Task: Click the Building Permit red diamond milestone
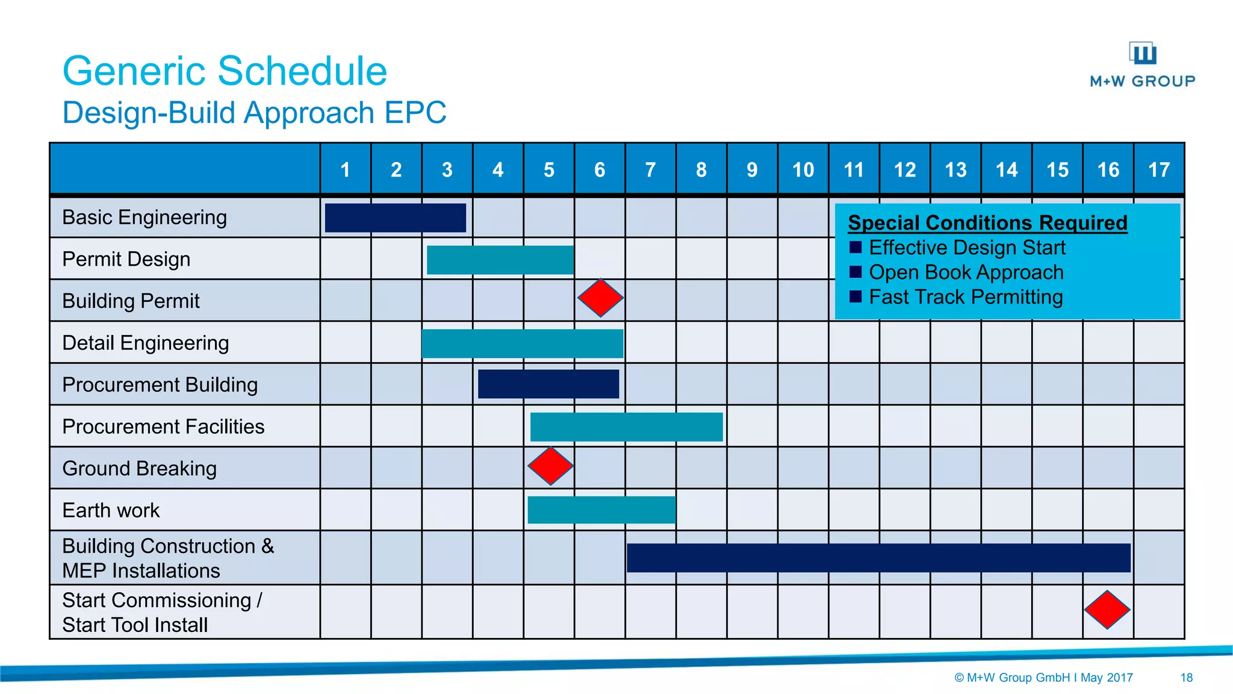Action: click(600, 298)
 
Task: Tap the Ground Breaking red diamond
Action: click(550, 466)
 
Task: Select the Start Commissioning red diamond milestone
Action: click(1107, 610)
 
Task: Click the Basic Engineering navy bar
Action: click(395, 217)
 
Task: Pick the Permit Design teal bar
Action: click(500, 260)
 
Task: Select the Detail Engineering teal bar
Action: click(523, 343)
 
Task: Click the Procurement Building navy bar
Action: click(548, 384)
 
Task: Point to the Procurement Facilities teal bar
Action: click(626, 427)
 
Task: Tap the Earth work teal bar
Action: click(601, 510)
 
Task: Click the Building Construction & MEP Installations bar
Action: click(878, 557)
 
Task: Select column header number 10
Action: click(803, 170)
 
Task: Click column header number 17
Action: click(1158, 170)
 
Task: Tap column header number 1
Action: click(345, 170)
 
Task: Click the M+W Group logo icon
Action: click(1142, 53)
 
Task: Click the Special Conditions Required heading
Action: click(987, 223)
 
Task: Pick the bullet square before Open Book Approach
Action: click(856, 272)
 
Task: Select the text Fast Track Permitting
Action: click(966, 297)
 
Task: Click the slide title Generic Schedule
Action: click(225, 71)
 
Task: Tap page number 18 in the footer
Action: click(1186, 678)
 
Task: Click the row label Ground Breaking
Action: click(139, 468)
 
